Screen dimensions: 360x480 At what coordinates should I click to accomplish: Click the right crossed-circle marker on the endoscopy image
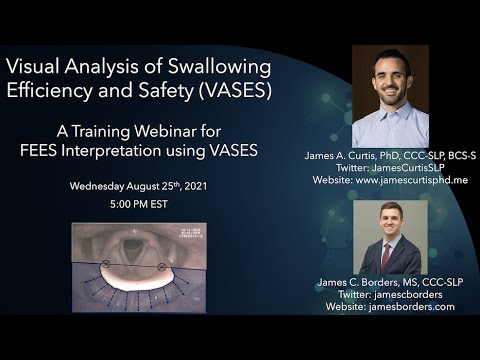161,267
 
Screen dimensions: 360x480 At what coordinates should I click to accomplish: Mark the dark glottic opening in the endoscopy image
129,246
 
